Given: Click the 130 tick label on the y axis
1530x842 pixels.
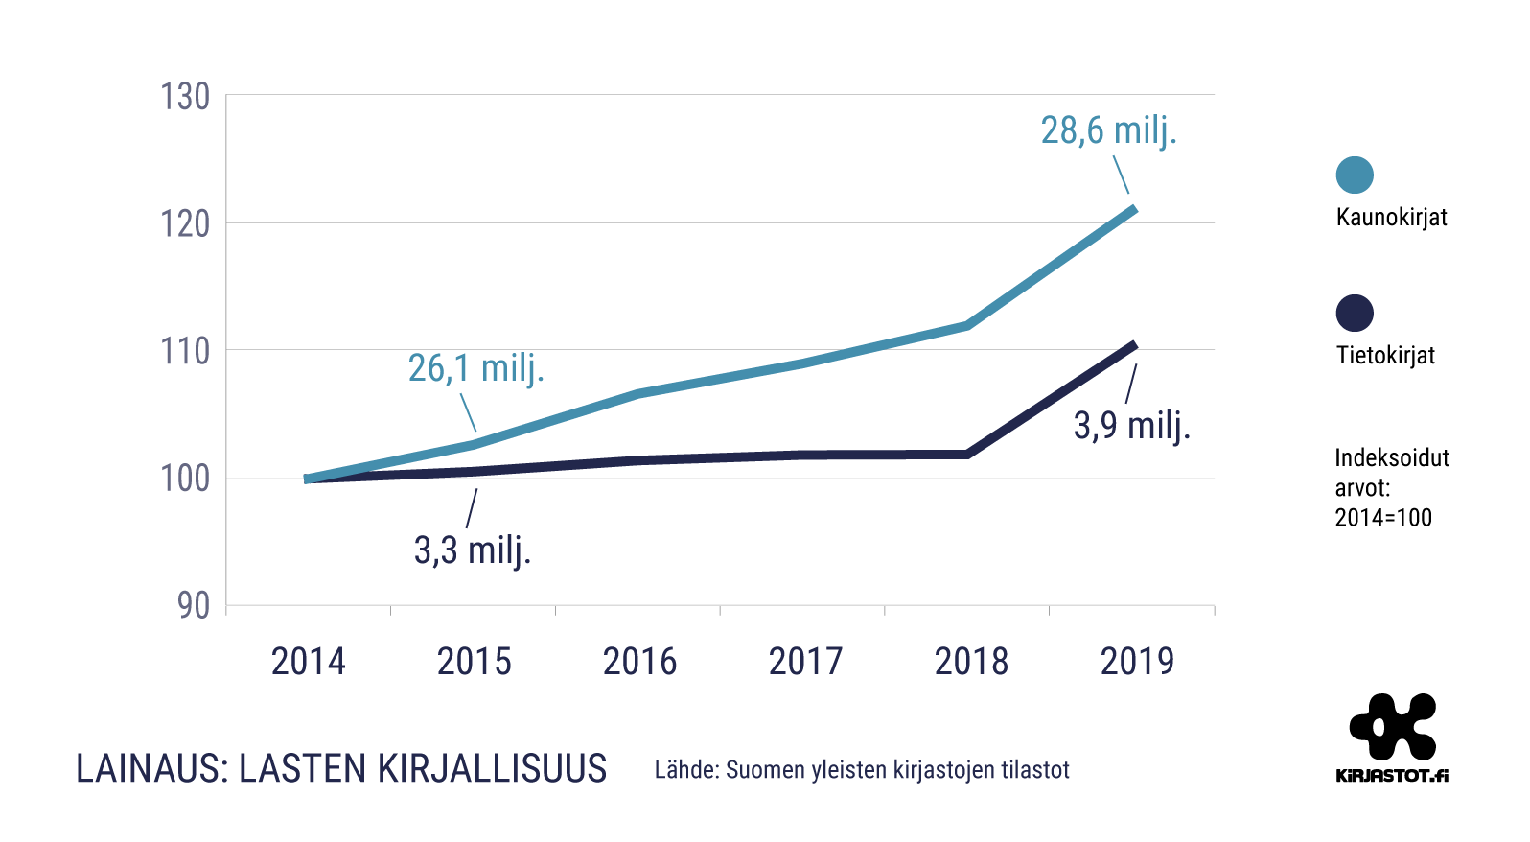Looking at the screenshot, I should [x=185, y=97].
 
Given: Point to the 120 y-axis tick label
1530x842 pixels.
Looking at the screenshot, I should [x=185, y=224].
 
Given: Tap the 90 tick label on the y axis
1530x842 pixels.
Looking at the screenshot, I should [x=193, y=605].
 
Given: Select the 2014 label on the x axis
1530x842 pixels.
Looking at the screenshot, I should [x=308, y=662].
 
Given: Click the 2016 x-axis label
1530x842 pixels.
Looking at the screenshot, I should [x=639, y=662].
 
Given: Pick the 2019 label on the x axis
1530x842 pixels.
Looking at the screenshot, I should [x=1137, y=662].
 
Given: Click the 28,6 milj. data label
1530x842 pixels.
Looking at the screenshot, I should [x=1108, y=130].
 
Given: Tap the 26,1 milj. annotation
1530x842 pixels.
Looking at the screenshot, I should [x=476, y=367].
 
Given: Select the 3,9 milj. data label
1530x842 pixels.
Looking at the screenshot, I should [x=1131, y=425].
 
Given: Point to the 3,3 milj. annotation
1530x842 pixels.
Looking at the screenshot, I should [x=473, y=550].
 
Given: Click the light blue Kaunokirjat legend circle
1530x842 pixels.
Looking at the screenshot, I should [x=1355, y=175].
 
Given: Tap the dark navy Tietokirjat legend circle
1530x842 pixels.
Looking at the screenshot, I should [x=1355, y=313].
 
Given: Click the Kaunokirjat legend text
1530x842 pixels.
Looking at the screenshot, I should [x=1391, y=217].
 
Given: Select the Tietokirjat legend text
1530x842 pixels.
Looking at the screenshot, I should [x=1385, y=355].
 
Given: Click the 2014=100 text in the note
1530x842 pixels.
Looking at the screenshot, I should [x=1383, y=518].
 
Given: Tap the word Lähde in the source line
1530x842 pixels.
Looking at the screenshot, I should [x=686, y=769].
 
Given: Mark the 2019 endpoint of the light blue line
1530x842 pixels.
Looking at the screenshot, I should [x=1134, y=208].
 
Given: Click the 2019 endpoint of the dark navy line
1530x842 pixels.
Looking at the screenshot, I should [x=1134, y=344].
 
